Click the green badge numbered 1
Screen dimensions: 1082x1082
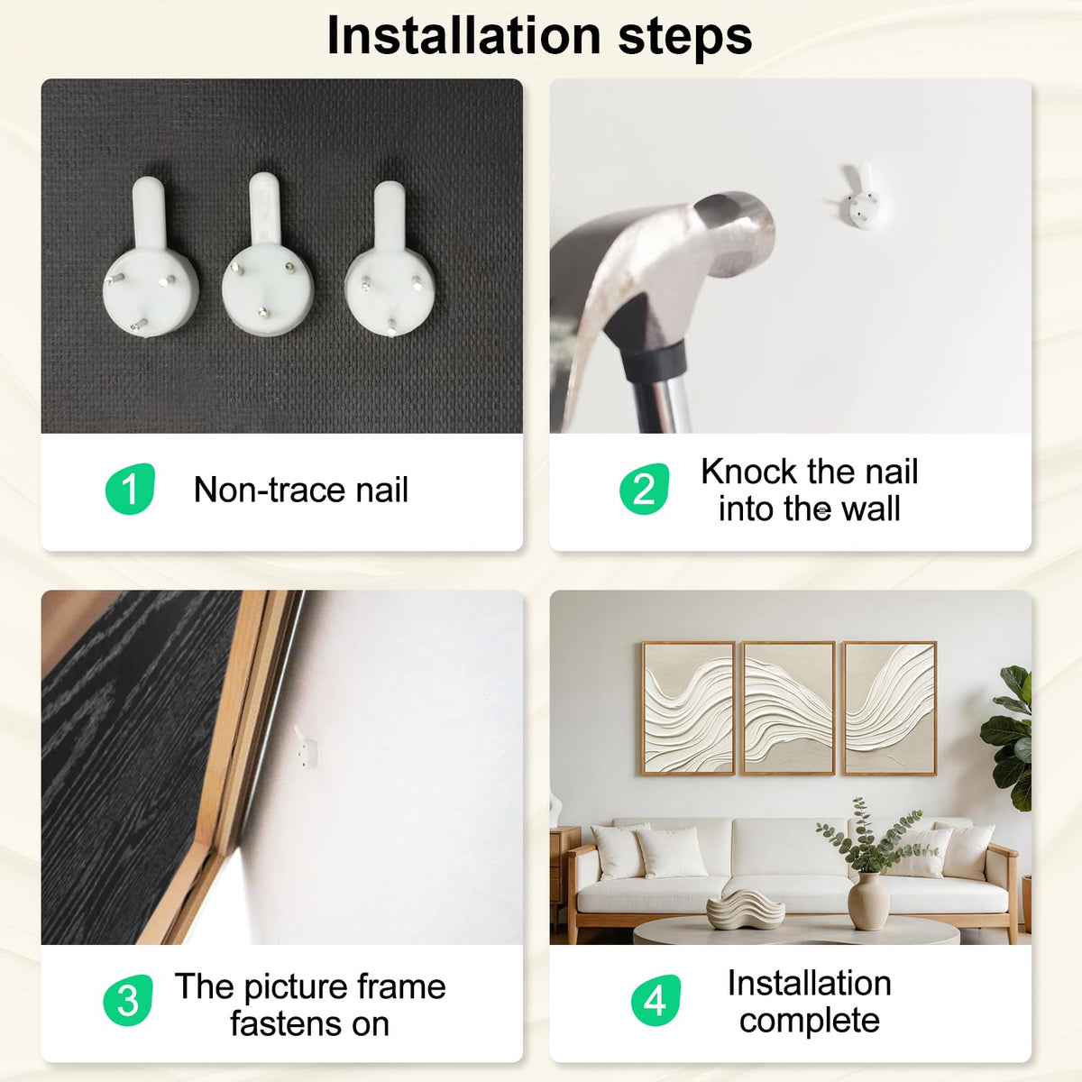pyautogui.click(x=130, y=489)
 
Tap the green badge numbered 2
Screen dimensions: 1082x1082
pyautogui.click(x=644, y=489)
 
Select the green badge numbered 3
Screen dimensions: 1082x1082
pyautogui.click(x=128, y=1000)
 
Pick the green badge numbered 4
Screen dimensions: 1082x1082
pyautogui.click(x=656, y=1000)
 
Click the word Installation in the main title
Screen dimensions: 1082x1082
pyautogui.click(x=463, y=36)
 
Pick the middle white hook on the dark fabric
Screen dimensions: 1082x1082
pyautogui.click(x=267, y=255)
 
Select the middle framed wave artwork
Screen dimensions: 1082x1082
pyautogui.click(x=789, y=708)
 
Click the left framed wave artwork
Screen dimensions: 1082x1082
pyautogui.click(x=688, y=708)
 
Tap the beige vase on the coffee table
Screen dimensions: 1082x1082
pyautogui.click(x=868, y=903)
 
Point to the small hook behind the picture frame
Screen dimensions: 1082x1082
pyautogui.click(x=307, y=747)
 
